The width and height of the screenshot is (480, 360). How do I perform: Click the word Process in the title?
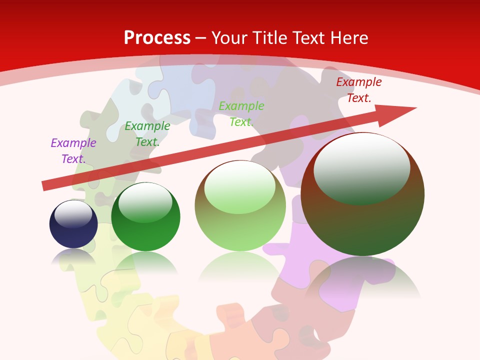[x=157, y=38]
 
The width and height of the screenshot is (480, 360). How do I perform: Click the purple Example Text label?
[x=73, y=150]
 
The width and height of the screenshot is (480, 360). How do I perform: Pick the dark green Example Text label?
[x=147, y=134]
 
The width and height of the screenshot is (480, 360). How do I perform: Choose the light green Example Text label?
[x=241, y=113]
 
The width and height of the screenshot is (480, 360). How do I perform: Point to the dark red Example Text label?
[x=359, y=90]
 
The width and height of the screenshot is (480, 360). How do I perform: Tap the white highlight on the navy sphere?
[x=73, y=213]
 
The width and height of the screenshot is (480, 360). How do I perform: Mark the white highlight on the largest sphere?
[x=362, y=167]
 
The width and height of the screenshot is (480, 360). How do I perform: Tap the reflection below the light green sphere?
[x=240, y=267]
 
